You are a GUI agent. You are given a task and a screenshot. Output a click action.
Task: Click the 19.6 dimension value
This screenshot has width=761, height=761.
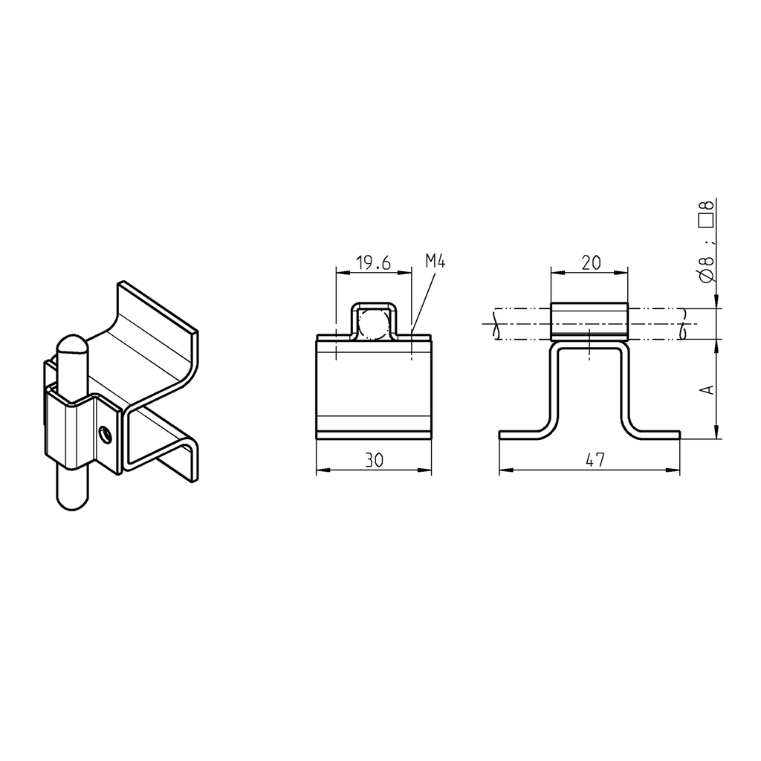click(373, 262)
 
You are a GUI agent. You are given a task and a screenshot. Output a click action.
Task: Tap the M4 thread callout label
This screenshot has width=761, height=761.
click(435, 260)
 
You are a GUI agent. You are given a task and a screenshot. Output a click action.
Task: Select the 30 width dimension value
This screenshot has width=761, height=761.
click(374, 461)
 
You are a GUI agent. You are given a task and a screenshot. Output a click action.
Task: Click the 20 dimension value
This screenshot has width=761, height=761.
click(591, 262)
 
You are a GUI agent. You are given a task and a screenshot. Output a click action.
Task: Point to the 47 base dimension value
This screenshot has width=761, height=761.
click(594, 461)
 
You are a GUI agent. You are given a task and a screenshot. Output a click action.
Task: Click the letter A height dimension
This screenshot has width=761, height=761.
click(708, 389)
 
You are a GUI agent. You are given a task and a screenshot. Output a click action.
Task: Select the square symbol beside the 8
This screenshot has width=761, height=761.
click(707, 220)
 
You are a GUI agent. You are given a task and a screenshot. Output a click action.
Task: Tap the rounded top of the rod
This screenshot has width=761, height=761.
click(72, 344)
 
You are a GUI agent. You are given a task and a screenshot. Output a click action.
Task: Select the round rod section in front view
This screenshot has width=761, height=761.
click(372, 325)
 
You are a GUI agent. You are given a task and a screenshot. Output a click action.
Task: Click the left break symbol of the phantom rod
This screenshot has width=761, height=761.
click(493, 325)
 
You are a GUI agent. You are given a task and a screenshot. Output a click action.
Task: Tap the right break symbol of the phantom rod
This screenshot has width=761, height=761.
click(682, 324)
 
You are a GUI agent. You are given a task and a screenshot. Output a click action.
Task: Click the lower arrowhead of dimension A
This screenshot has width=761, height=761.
click(716, 433)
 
